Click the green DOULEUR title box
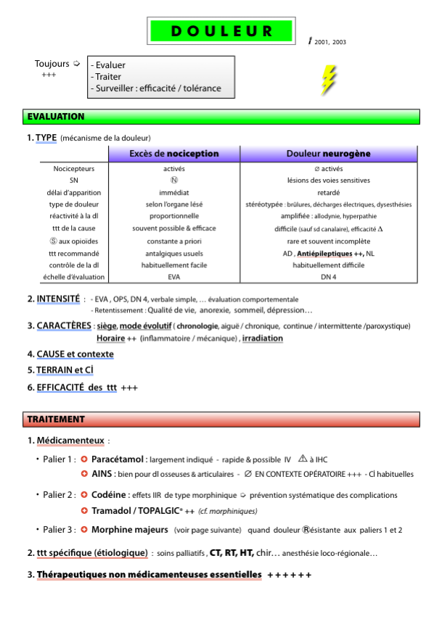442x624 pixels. [x=221, y=31]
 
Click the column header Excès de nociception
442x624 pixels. [x=173, y=154]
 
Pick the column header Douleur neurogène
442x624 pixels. [x=328, y=154]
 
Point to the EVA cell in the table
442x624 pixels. [x=173, y=277]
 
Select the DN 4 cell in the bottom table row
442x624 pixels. [x=328, y=277]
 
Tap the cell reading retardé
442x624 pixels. [x=328, y=193]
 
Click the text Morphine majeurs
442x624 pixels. [x=130, y=531]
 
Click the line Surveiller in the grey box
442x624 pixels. [x=155, y=89]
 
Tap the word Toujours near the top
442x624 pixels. [x=52, y=64]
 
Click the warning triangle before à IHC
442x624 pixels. [x=303, y=459]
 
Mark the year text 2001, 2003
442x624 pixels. [x=330, y=42]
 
